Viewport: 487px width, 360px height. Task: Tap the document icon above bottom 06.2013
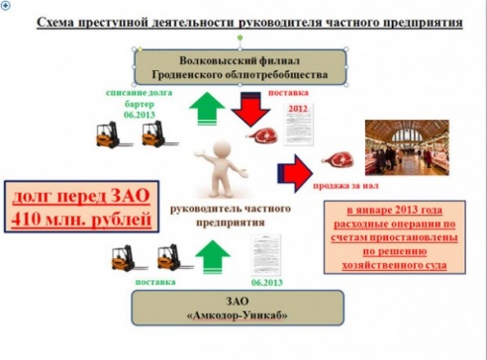(x=267, y=253)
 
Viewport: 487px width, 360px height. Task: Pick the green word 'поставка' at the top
(x=299, y=92)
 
